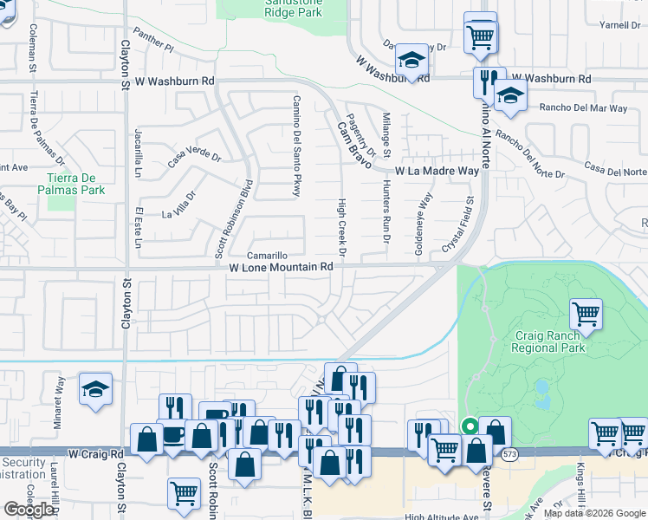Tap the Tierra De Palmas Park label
tap(76, 184)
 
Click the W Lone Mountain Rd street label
tap(282, 268)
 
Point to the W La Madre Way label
tap(437, 172)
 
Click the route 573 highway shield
tap(512, 453)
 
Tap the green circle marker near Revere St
tap(470, 426)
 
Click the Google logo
tap(29, 510)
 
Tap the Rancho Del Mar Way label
tap(583, 108)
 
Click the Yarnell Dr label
tap(619, 25)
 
